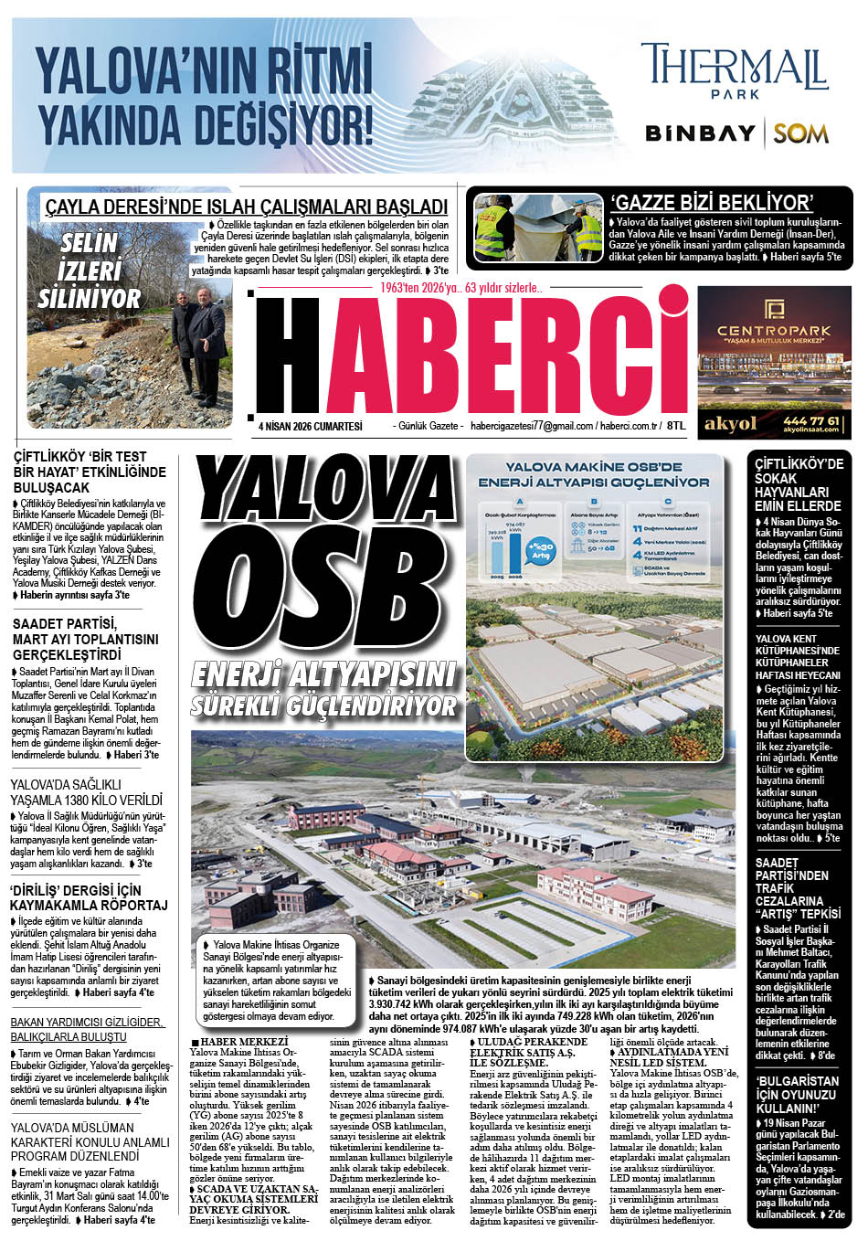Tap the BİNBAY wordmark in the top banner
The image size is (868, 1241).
700,133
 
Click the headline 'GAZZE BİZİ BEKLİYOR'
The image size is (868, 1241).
712,203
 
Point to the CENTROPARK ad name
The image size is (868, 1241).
773,331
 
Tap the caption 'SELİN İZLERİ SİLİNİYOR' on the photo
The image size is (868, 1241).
89,270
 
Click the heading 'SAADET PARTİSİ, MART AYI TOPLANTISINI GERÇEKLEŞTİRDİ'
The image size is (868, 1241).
86,639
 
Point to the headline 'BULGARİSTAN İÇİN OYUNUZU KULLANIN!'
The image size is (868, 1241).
797,1095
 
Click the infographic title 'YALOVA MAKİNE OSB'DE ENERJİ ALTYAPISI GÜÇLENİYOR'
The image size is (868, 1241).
595,474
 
